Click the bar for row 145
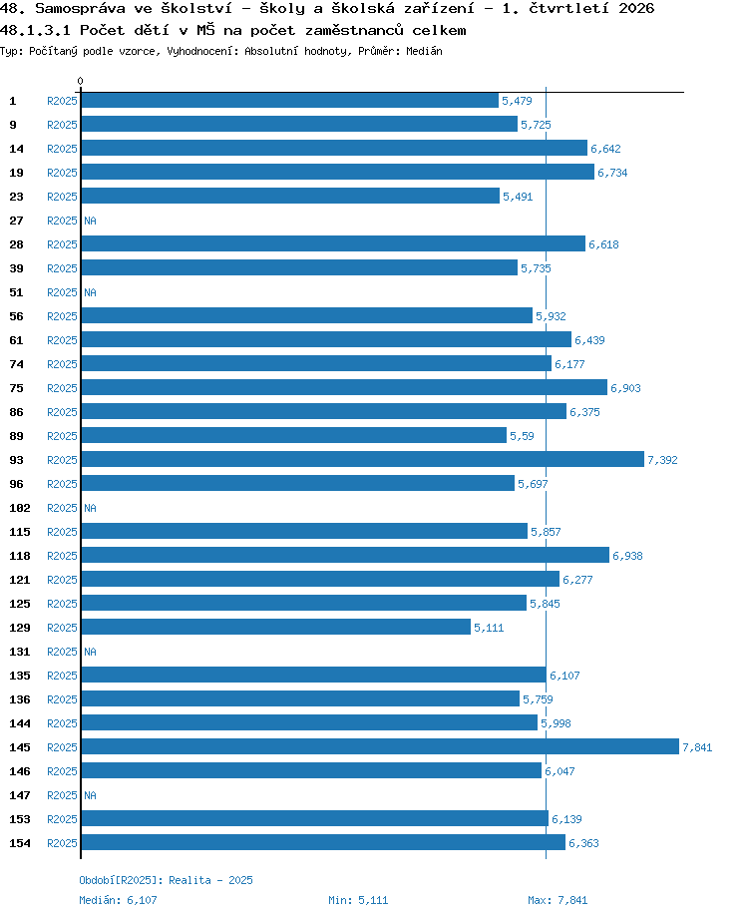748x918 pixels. pos(380,746)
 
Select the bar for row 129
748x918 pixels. pos(275,627)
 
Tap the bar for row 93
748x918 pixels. pos(362,460)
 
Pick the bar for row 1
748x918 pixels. pos(289,100)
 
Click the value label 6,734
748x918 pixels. pos(612,173)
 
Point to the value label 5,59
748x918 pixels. pos(522,436)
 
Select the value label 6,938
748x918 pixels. pos(627,556)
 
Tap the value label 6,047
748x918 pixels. pos(560,771)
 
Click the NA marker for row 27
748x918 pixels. pos(90,221)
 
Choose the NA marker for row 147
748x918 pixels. pos(90,795)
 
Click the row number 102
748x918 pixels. pos(20,508)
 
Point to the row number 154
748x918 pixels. pos(20,843)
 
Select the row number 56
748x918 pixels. pos(16,316)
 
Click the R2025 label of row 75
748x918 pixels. pos(62,388)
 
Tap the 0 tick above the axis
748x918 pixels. pos(80,81)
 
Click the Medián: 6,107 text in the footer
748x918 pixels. pos(119,900)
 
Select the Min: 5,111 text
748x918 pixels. pos(358,900)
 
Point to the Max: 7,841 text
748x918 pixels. pos(558,900)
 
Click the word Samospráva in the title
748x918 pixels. pos(80,8)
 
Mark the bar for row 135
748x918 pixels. pos(314,676)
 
